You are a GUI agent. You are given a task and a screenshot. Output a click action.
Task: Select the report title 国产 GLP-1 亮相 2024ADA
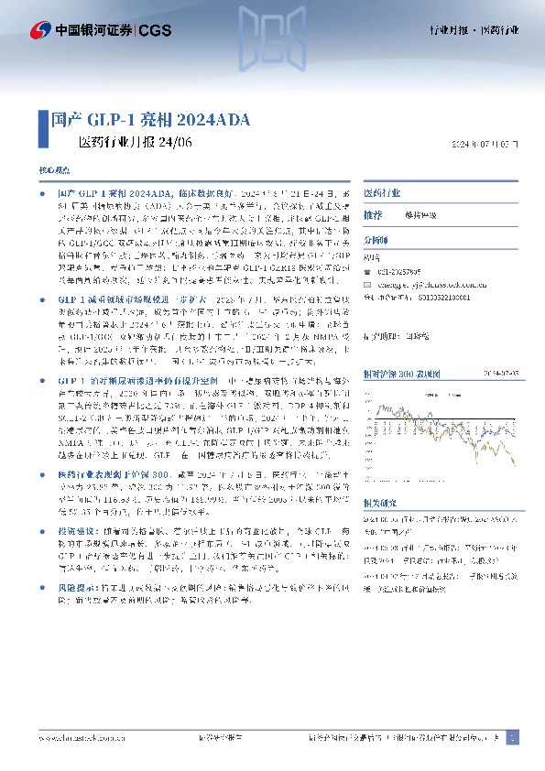coord(148,120)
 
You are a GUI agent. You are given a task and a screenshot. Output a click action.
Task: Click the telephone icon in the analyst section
coord(368,271)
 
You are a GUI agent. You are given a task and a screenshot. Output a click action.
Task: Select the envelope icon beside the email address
coord(368,284)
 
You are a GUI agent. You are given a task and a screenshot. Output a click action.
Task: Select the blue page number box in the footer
coord(511,736)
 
